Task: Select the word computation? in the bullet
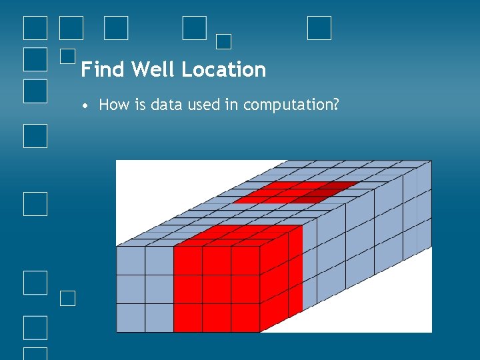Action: coord(292,105)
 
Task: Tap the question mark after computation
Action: coord(336,105)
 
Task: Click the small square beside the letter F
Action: coord(67,56)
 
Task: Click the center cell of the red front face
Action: coord(217,289)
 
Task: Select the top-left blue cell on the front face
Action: coord(131,261)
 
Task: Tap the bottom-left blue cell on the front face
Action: coord(131,317)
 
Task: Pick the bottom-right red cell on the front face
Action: coord(245,317)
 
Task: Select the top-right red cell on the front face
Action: coord(245,261)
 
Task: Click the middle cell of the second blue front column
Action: coord(159,289)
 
